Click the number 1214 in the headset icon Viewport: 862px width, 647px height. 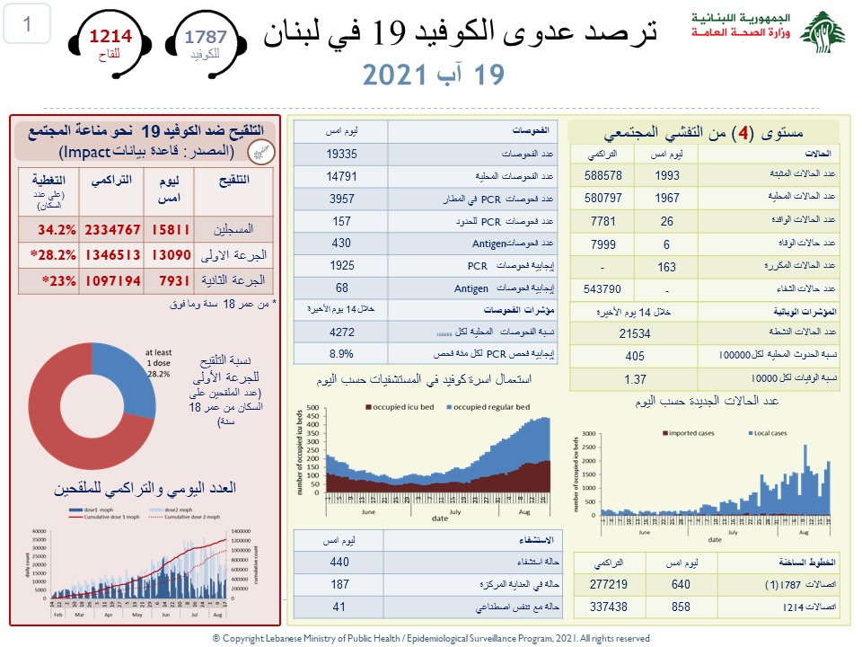pyautogui.click(x=109, y=37)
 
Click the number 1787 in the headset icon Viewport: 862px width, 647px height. pyautogui.click(x=205, y=37)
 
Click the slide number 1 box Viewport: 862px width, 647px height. pyautogui.click(x=28, y=24)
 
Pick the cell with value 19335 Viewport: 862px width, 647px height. pyautogui.click(x=342, y=153)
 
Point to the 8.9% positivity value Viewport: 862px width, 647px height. pyautogui.click(x=342, y=354)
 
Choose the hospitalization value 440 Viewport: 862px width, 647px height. pyautogui.click(x=339, y=562)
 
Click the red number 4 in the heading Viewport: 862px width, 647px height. pyautogui.click(x=742, y=135)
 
